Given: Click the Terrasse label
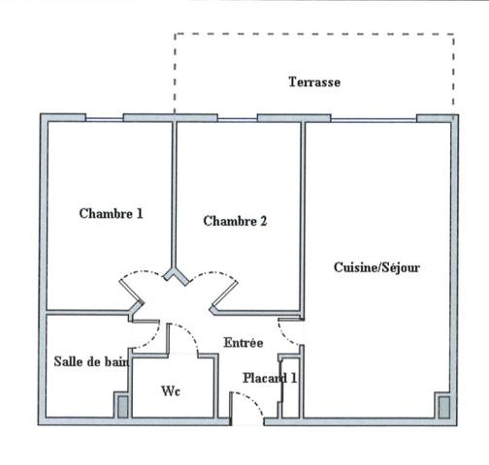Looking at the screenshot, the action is coord(314,82).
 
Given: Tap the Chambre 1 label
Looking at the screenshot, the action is coord(111,213).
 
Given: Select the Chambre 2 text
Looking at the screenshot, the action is coord(235,221).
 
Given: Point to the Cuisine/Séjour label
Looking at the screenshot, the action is coord(376,267).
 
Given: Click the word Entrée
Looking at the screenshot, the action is coord(244,343).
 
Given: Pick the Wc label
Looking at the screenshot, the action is coord(171,391).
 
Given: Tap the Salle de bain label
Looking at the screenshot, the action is coord(91,361).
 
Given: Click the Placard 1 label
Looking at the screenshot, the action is coord(270,378).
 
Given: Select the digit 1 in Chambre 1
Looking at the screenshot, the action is coord(140,213).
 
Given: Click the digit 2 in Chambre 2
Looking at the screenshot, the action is coord(264,221).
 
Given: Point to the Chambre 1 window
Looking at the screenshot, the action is coord(104,120).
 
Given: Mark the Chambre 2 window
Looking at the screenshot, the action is coord(238,120).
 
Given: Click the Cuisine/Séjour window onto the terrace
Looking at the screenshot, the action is coord(374,120).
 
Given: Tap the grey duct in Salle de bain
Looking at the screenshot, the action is coord(122,407).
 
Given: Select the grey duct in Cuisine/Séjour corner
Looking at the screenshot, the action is coord(443,407).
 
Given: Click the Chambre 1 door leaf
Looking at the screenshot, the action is coord(131,292).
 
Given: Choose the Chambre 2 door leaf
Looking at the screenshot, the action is coord(225,294).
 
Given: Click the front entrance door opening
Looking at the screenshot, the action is coord(247,421).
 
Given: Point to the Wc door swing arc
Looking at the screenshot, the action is coord(186,334).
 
